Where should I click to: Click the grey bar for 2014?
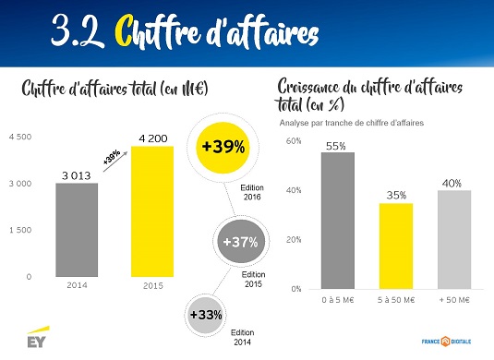click(x=77, y=230)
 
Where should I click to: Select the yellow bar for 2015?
click(x=152, y=211)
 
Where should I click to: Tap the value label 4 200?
click(x=153, y=138)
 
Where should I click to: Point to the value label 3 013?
click(x=77, y=175)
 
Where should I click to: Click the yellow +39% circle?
click(x=223, y=148)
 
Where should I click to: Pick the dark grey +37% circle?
click(x=240, y=242)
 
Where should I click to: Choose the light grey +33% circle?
click(x=206, y=315)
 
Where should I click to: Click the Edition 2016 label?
click(x=252, y=192)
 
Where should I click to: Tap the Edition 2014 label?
click(x=242, y=337)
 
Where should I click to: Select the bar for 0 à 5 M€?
click(x=338, y=221)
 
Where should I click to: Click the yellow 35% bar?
click(x=396, y=246)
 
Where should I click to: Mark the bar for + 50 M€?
click(x=454, y=239)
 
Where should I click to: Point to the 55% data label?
click(x=336, y=146)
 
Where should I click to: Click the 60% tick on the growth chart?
click(x=294, y=141)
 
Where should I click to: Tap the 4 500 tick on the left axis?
click(x=20, y=137)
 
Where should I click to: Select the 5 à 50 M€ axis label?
click(x=396, y=300)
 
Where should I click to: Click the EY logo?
click(x=38, y=337)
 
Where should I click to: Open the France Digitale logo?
click(x=446, y=342)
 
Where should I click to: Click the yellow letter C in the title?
click(x=123, y=30)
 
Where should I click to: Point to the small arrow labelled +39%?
click(x=115, y=162)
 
